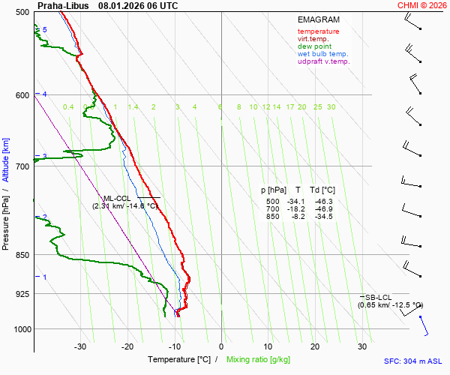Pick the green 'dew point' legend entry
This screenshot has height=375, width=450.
coord(314,46)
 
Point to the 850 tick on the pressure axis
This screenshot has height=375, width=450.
coord(21,255)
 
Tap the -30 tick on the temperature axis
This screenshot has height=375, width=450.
coord(79,346)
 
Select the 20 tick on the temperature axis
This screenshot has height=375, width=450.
coord(315,346)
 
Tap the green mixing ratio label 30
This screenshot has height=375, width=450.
coord(331,107)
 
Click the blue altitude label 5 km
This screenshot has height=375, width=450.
coord(44,29)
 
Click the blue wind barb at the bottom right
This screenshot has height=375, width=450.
coord(424,325)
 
